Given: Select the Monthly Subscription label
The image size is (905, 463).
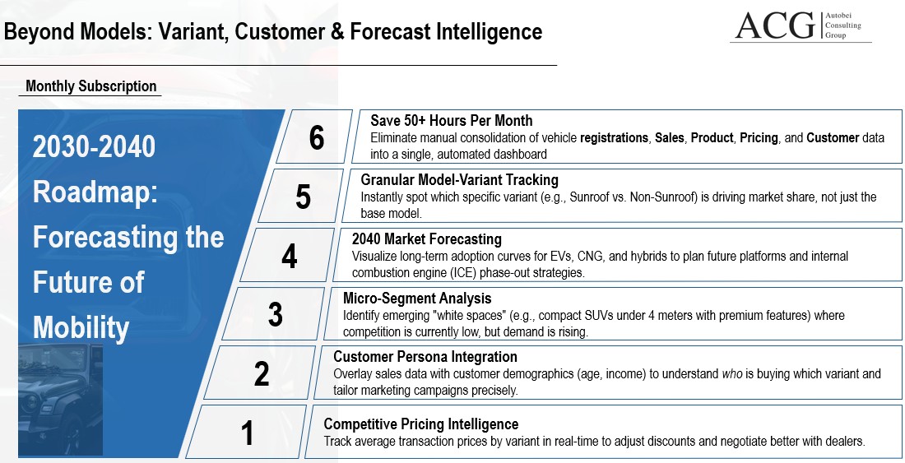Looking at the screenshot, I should click(90, 86).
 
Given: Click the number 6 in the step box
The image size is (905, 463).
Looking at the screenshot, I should click(317, 138).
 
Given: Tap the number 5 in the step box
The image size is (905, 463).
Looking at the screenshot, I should click(303, 197).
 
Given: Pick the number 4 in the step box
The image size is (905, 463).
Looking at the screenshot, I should click(289, 257).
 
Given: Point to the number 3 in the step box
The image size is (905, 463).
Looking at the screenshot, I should click(276, 315).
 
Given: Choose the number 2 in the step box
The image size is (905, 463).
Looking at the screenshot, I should click(262, 374).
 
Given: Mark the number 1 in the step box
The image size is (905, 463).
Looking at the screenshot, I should click(247, 433).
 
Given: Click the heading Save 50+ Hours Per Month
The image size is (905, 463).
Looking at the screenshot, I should click(451, 121).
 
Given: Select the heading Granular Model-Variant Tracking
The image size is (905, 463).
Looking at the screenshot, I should click(459, 180).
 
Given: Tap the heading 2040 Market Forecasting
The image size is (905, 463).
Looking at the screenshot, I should click(426, 239).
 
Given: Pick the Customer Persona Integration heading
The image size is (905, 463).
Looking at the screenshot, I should click(425, 357).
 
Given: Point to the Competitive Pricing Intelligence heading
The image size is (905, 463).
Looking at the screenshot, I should click(420, 424).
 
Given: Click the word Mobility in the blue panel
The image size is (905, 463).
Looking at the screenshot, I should click(81, 328).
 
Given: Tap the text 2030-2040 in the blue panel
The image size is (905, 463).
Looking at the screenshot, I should click(94, 147).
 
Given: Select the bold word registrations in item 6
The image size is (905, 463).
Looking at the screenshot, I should click(614, 138).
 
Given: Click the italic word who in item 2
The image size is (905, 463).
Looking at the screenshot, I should click(732, 374).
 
